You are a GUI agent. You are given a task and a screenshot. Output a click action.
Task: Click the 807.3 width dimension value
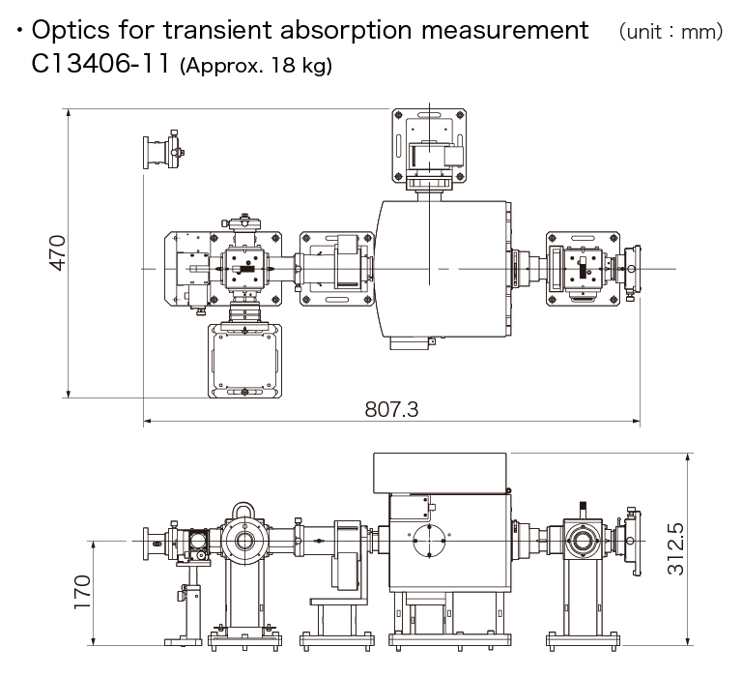(391, 409)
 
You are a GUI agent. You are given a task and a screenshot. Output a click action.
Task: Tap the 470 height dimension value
(57, 253)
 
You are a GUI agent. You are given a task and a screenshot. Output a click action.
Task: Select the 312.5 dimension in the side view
(675, 549)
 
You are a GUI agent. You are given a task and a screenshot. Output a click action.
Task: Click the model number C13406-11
(100, 65)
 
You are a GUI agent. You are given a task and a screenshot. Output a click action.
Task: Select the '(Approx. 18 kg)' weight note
(256, 67)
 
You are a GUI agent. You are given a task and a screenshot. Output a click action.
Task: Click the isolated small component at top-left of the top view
(163, 150)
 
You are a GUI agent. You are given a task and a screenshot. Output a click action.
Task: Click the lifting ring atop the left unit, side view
(241, 509)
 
